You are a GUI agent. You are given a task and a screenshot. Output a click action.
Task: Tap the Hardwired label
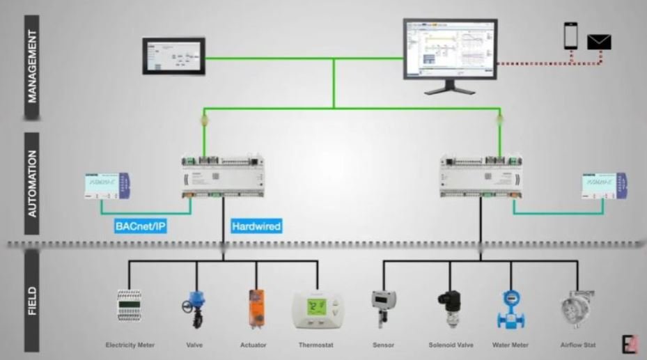pos(256,226)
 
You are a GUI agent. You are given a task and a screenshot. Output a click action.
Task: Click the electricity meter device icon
pos(130,306)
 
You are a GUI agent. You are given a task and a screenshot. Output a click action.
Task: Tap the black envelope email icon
pos(599,42)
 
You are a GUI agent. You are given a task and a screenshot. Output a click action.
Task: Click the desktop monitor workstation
pos(450,54)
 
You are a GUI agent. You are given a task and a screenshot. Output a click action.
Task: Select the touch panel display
pos(173,56)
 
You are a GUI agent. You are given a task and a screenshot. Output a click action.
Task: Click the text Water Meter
pos(510,345)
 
